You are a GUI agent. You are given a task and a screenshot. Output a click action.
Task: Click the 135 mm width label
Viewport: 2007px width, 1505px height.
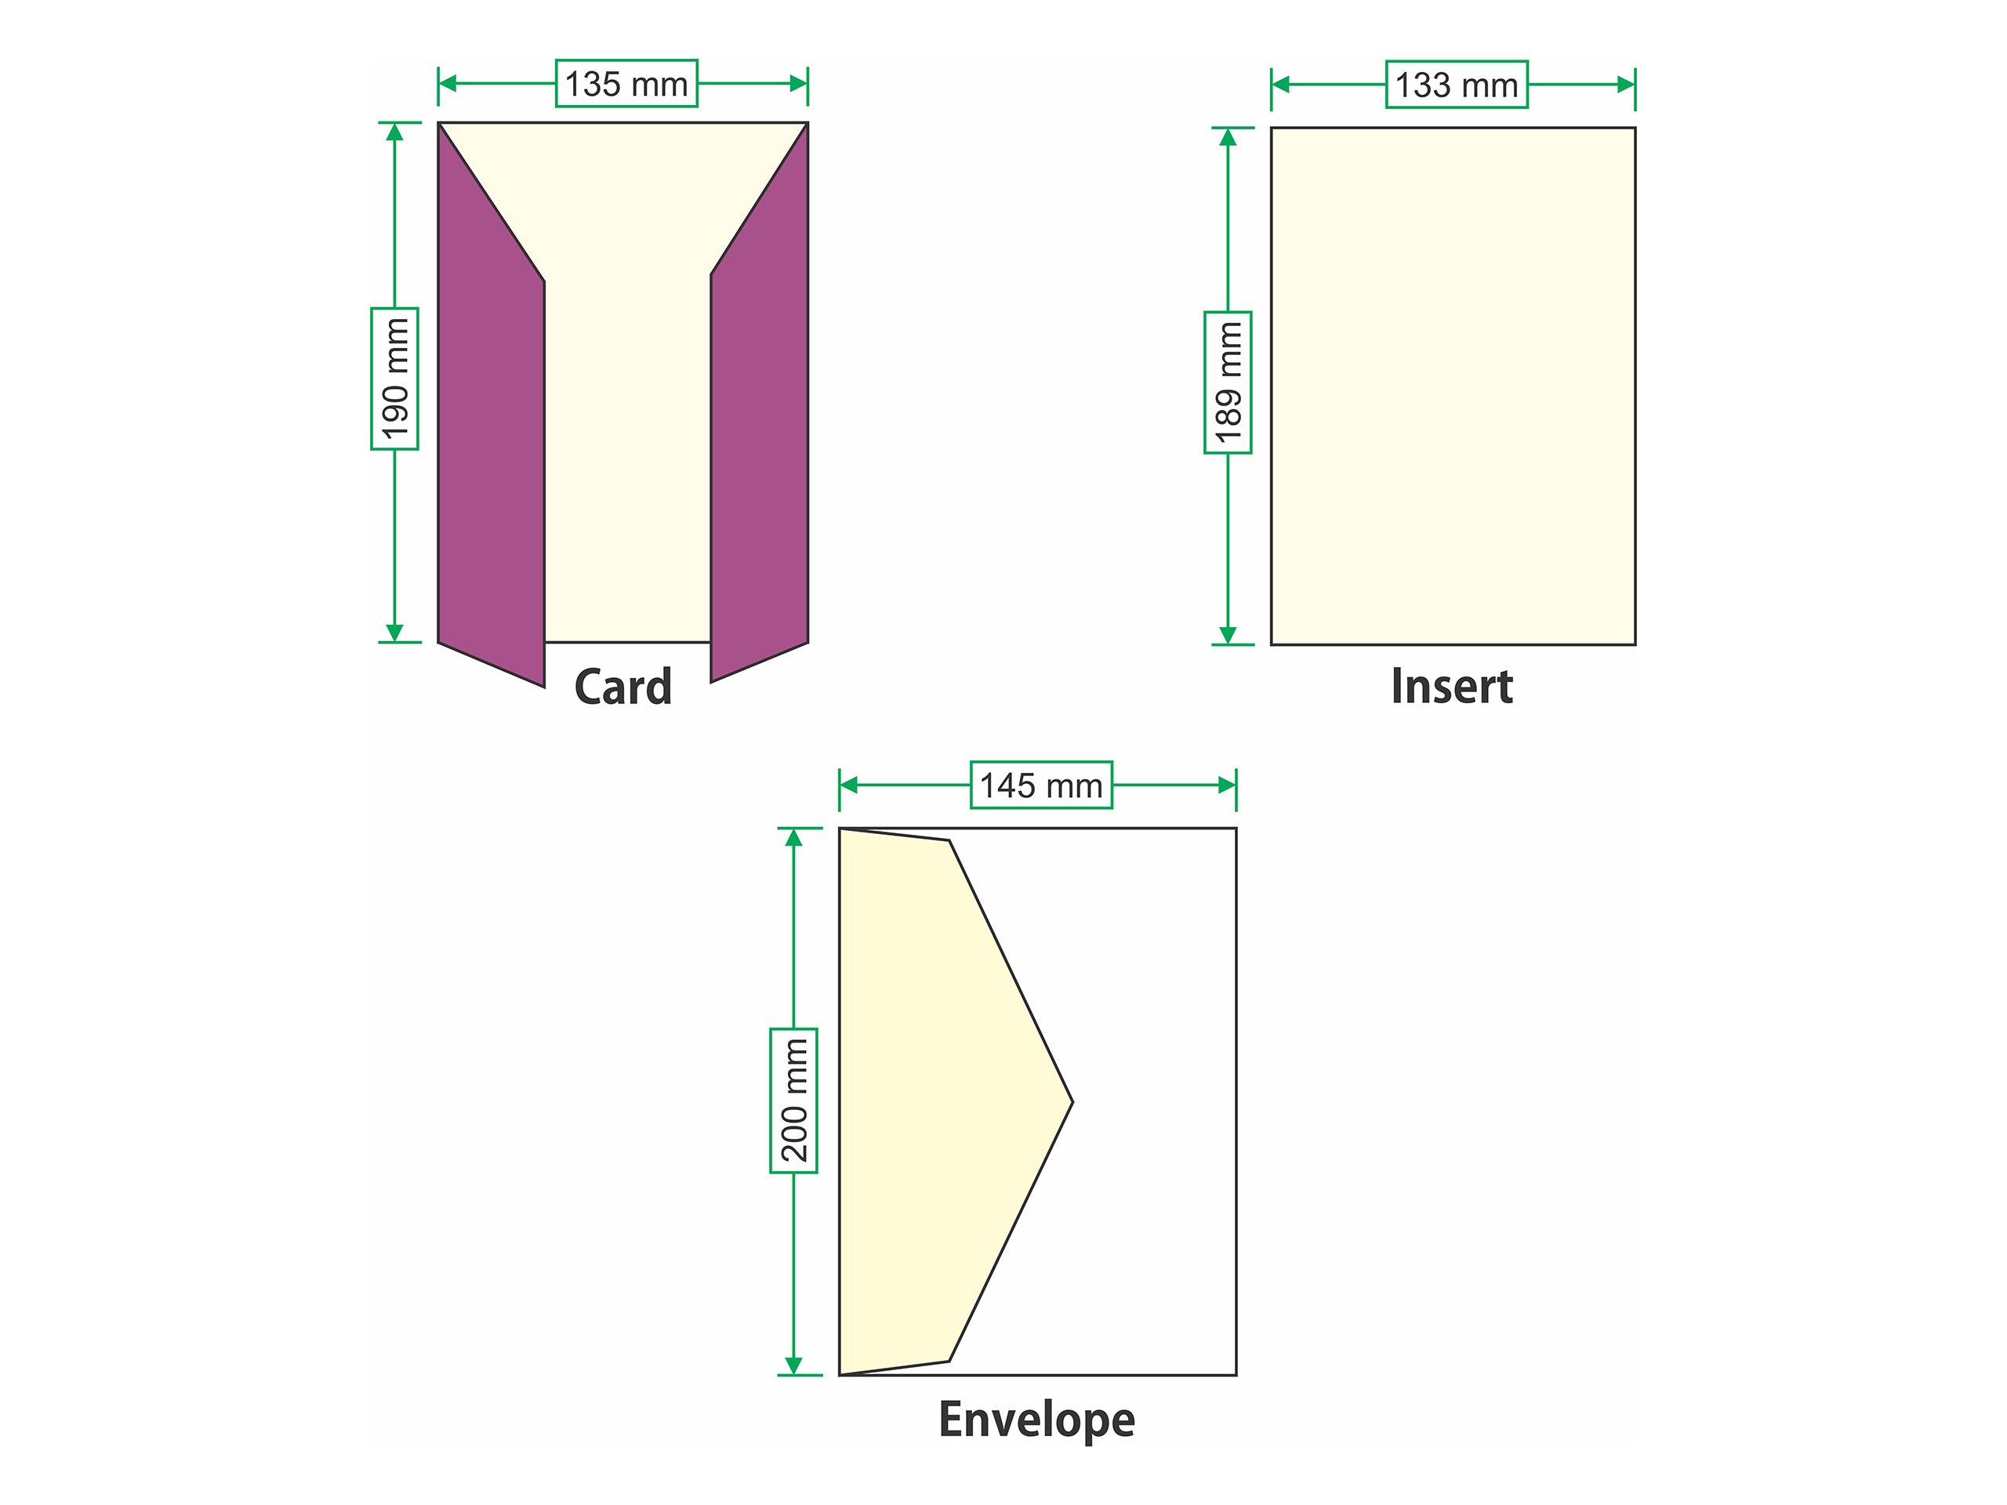pos(626,83)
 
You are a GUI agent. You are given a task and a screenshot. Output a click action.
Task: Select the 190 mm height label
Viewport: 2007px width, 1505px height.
pos(394,379)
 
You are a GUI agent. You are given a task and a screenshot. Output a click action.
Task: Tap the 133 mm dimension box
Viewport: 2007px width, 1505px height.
pos(1457,85)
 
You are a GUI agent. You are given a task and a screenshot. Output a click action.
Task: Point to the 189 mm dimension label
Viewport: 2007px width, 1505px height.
pos(1228,382)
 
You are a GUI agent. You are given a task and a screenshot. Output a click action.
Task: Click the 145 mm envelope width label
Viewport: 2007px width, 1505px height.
pos(1040,785)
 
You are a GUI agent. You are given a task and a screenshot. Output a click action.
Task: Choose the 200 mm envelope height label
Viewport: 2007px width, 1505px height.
pos(794,1101)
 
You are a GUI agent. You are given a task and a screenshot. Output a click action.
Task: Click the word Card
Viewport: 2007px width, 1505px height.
pos(623,687)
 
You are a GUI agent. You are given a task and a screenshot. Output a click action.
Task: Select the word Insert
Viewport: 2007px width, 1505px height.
pos(1452,686)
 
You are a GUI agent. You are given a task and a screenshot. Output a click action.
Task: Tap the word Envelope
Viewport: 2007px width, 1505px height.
pos(1036,1420)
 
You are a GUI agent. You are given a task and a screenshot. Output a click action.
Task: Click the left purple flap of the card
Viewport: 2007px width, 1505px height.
pos(491,426)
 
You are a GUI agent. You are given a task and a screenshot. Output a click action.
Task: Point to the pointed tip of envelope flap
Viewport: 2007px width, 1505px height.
pos(1072,1102)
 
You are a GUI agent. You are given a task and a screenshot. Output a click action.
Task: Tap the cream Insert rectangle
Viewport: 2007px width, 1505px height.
pos(1453,386)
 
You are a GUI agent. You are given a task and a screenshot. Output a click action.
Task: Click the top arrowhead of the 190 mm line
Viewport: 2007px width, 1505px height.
pos(394,132)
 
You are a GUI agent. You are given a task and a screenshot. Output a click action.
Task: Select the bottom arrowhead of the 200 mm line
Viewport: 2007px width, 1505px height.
pos(794,1365)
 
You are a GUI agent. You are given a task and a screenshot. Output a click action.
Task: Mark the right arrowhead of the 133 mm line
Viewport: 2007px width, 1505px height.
pos(1626,85)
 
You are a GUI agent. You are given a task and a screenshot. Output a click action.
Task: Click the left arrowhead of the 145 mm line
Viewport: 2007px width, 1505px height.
pos(849,785)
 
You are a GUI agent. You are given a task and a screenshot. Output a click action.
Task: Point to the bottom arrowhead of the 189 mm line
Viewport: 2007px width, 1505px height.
pos(1228,635)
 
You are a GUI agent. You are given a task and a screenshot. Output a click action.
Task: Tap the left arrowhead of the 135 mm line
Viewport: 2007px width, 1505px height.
pos(448,83)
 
